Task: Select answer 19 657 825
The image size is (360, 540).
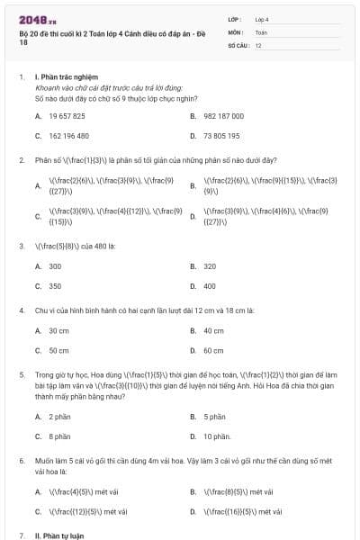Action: pyautogui.click(x=67, y=116)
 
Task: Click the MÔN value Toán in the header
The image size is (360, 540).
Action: pyautogui.click(x=261, y=31)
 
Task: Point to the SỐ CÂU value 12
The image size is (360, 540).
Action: pyautogui.click(x=258, y=45)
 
